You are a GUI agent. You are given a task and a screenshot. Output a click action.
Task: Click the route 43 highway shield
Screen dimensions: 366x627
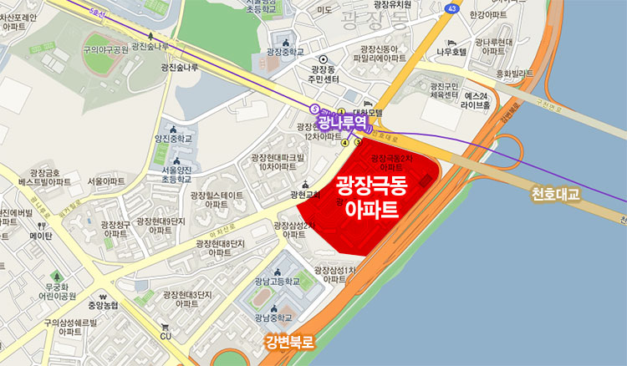[452, 8]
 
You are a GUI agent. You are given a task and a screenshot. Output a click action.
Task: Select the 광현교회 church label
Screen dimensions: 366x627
[305, 195]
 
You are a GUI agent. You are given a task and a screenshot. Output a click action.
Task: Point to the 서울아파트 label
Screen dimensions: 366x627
[106, 181]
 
